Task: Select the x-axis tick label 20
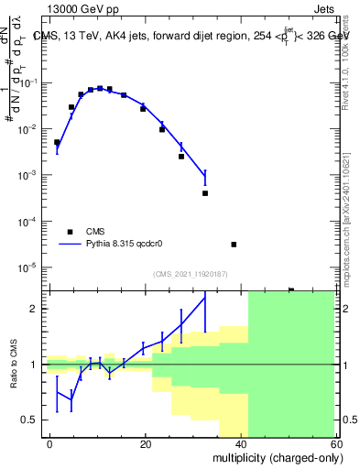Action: (x=146, y=443)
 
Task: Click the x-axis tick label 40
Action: (x=241, y=443)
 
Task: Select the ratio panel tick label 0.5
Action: (x=32, y=420)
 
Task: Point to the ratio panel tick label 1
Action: (x=37, y=365)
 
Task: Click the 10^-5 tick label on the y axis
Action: (x=30, y=267)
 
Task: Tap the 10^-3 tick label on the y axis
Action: (x=30, y=175)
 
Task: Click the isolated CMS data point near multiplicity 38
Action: (x=234, y=245)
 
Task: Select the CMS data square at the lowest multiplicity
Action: (x=57, y=142)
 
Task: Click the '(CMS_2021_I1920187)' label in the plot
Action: (x=189, y=273)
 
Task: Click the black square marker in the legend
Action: (x=70, y=232)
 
